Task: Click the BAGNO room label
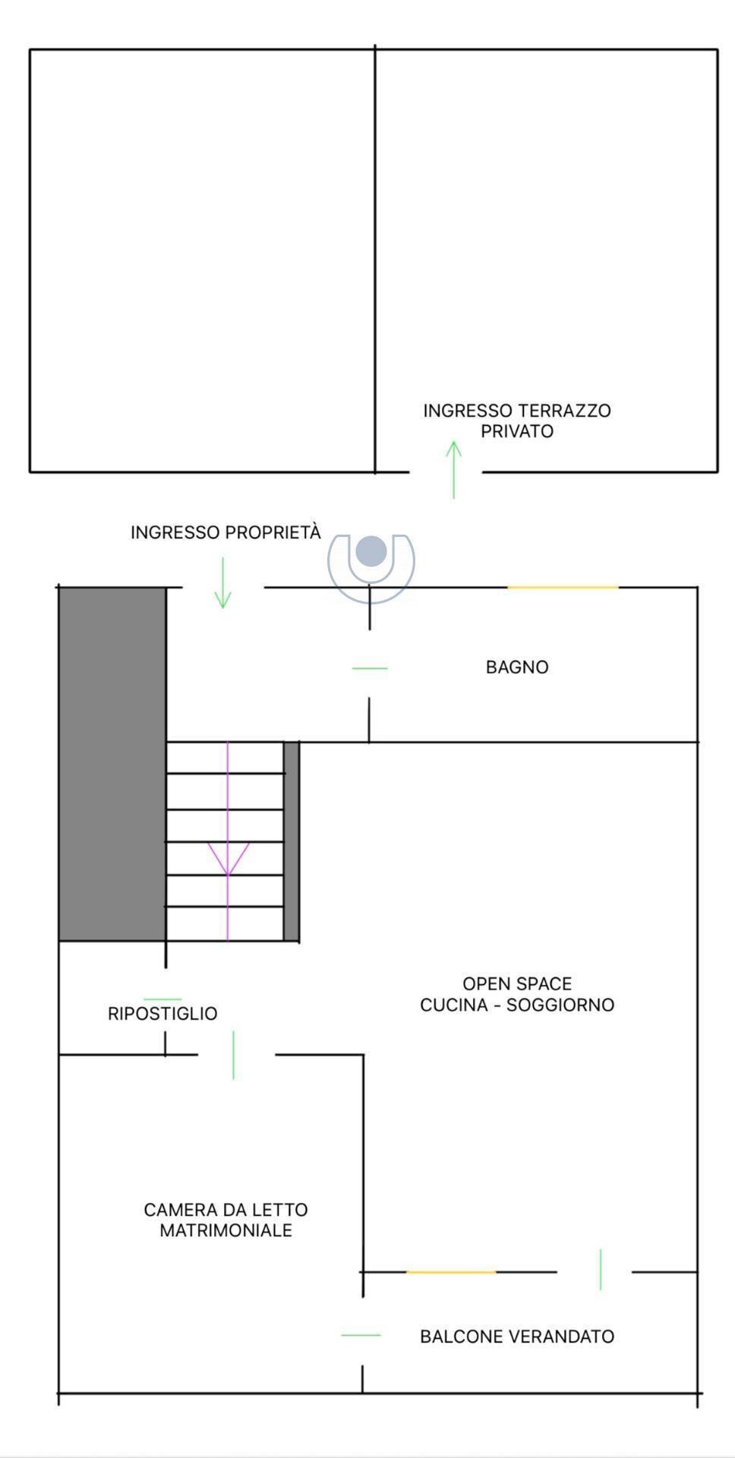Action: tap(517, 667)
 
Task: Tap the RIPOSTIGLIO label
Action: tap(162, 1014)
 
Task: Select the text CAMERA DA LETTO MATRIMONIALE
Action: tap(226, 1220)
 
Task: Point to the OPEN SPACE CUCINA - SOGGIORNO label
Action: tap(517, 994)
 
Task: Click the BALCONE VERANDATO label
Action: tap(517, 1336)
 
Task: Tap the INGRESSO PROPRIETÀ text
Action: tap(226, 532)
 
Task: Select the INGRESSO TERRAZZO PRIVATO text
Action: tap(517, 421)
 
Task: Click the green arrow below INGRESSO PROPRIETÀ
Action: tap(222, 583)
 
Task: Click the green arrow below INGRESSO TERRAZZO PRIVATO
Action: tap(453, 469)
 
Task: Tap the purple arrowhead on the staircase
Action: tap(228, 858)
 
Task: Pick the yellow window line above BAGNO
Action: tap(563, 587)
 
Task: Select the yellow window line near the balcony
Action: tap(451, 1272)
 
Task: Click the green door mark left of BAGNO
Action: tap(370, 668)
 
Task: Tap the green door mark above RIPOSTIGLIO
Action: tap(162, 999)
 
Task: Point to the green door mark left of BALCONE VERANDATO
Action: tap(361, 1335)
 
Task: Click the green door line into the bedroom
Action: tap(233, 1055)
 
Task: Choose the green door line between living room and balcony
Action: tap(601, 1269)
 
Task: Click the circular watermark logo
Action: tap(371, 559)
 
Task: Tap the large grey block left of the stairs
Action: tap(112, 764)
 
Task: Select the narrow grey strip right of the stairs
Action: tap(292, 841)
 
